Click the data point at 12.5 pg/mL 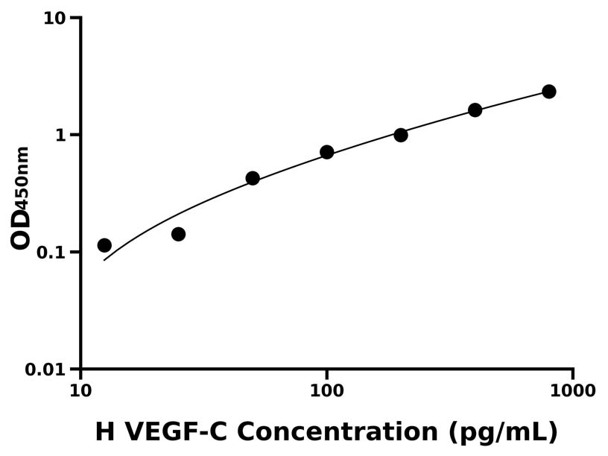pos(104,245)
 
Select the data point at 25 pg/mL pos(178,234)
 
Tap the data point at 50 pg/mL pos(253,178)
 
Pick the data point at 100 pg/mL pos(326,152)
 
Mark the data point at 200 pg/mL pos(401,135)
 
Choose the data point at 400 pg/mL pos(475,110)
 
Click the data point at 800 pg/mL pos(549,92)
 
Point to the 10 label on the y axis pos(55,18)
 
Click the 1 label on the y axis pos(62,136)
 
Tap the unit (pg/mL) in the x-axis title pos(504,432)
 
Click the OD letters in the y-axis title pos(21,227)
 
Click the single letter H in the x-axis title pos(105,432)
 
